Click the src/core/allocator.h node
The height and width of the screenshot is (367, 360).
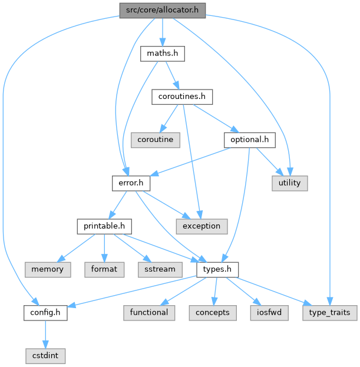click(x=162, y=11)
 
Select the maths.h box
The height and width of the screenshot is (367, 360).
click(x=162, y=54)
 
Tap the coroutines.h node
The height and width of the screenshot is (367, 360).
click(x=182, y=97)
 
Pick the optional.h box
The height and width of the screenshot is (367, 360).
click(x=250, y=140)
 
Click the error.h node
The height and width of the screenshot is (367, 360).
click(x=131, y=183)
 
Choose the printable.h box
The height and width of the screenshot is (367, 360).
click(x=104, y=226)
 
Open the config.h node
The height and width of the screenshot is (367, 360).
click(x=45, y=312)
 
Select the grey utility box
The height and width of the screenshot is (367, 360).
click(x=289, y=183)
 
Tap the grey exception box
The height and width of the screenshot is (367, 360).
click(x=202, y=226)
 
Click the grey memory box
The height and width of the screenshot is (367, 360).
click(x=48, y=269)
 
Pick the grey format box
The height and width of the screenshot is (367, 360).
click(x=104, y=269)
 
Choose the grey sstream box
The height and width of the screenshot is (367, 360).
click(x=160, y=269)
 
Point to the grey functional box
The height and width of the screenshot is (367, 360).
click(x=149, y=312)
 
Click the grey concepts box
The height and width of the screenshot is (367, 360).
click(x=212, y=312)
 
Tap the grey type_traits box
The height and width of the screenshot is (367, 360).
click(x=330, y=312)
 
